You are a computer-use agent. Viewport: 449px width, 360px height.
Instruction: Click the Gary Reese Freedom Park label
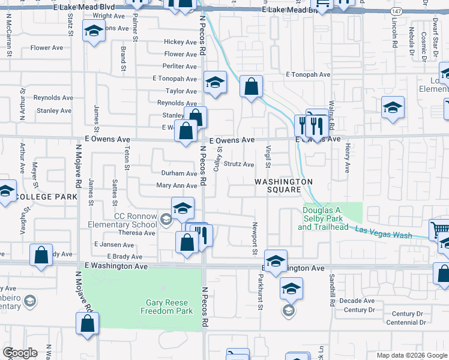tap(166, 307)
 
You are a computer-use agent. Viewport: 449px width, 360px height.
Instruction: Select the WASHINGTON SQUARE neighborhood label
tap(285, 185)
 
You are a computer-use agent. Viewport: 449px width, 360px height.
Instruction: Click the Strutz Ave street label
tap(239, 164)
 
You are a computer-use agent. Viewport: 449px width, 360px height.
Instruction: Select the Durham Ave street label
tap(179, 173)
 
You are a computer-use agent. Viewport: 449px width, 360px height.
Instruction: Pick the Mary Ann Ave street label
tap(176, 186)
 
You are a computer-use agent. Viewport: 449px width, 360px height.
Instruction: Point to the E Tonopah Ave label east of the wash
tap(309, 75)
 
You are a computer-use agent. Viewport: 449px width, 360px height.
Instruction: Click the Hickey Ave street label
tap(180, 43)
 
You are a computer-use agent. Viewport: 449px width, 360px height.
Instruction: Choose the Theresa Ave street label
tap(137, 233)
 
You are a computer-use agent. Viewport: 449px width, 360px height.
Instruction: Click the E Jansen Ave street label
tap(114, 245)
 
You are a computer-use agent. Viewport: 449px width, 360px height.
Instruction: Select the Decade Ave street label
tap(357, 301)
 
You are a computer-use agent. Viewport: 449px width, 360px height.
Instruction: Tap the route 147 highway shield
tap(396, 11)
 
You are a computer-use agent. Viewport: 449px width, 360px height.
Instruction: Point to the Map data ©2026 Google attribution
tap(411, 355)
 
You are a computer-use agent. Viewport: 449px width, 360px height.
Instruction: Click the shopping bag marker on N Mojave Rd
tap(88, 323)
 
